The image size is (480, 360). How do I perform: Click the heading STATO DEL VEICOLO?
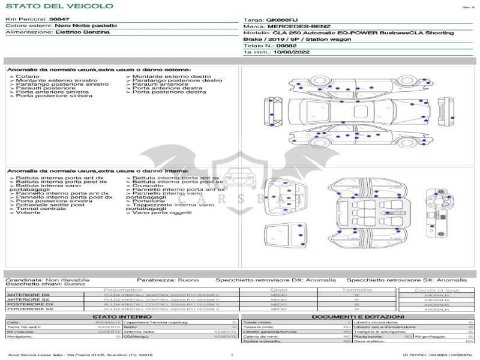(59, 6)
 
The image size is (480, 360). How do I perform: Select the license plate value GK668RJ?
(282, 20)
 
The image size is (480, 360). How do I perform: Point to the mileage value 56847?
(59, 20)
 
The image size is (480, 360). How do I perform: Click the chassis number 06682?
(286, 46)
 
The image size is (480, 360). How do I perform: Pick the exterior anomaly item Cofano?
(28, 77)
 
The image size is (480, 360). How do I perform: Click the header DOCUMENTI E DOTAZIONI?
(358, 316)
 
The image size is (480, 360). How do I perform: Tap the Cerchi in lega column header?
(436, 290)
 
